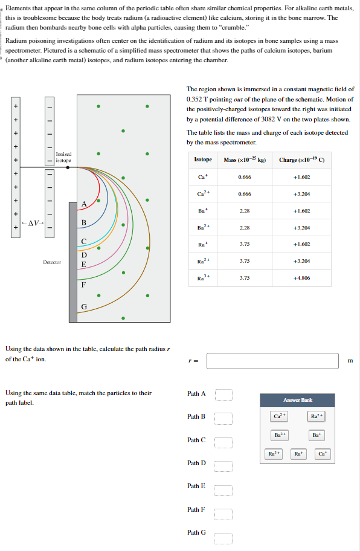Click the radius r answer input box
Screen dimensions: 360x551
click(272, 361)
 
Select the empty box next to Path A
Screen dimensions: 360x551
click(223, 395)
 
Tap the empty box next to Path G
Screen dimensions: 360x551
click(223, 538)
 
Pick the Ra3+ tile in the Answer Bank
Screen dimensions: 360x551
click(274, 454)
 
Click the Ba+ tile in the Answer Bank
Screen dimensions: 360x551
click(316, 435)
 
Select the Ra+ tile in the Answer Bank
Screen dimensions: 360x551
click(298, 454)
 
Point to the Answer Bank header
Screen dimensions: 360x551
click(297, 400)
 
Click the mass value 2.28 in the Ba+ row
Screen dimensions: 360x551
click(245, 211)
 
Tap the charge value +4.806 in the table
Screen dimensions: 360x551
click(301, 278)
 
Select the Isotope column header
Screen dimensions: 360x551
click(203, 159)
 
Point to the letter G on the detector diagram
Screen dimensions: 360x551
click(84, 307)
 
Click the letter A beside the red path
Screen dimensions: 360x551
click(84, 204)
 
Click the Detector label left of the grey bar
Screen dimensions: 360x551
click(52, 262)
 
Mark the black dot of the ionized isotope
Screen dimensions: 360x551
click(68, 167)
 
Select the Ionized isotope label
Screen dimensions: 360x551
click(63, 157)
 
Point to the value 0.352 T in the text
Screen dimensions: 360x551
click(197, 100)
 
